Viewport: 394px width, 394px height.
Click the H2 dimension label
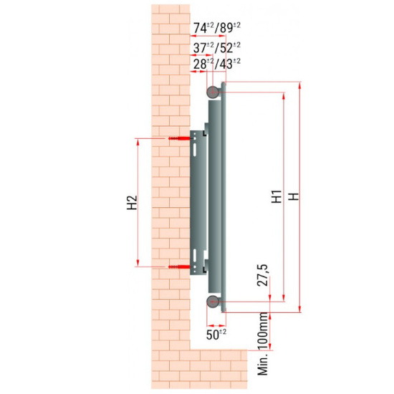tap(131, 203)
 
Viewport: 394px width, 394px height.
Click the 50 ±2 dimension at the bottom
tap(216, 332)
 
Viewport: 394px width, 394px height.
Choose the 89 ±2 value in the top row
tap(229, 28)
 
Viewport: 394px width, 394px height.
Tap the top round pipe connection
tap(213, 92)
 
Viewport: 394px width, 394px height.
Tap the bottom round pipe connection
tap(213, 304)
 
